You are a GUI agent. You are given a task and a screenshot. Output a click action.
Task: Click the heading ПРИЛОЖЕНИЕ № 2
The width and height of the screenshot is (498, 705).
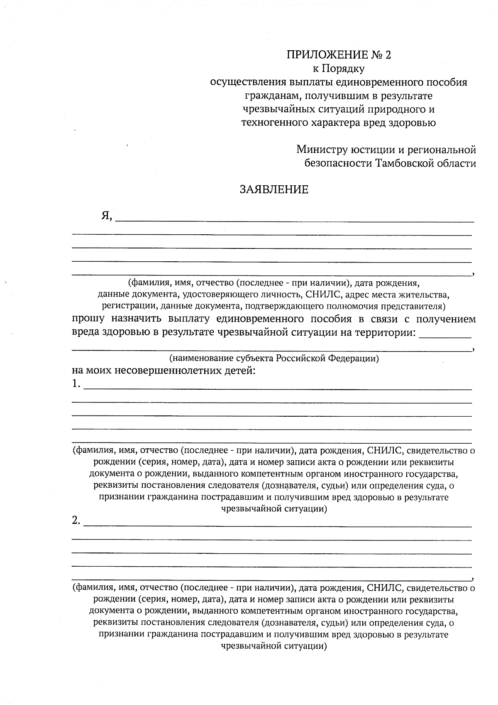click(x=339, y=55)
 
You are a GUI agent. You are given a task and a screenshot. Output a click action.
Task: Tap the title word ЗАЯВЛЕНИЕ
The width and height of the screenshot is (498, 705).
click(x=274, y=190)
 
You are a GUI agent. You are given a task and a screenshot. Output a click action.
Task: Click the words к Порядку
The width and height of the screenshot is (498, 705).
click(x=338, y=69)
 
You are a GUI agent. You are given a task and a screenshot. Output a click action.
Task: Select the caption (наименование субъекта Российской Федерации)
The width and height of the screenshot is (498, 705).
click(x=274, y=358)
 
